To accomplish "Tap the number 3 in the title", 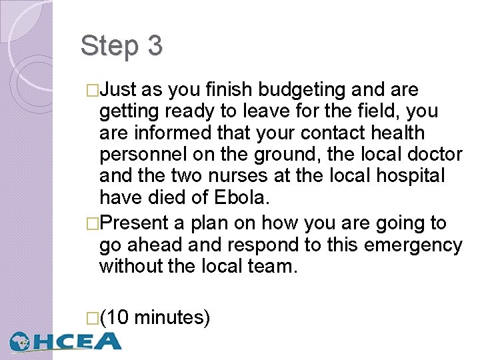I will click(x=154, y=47).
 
